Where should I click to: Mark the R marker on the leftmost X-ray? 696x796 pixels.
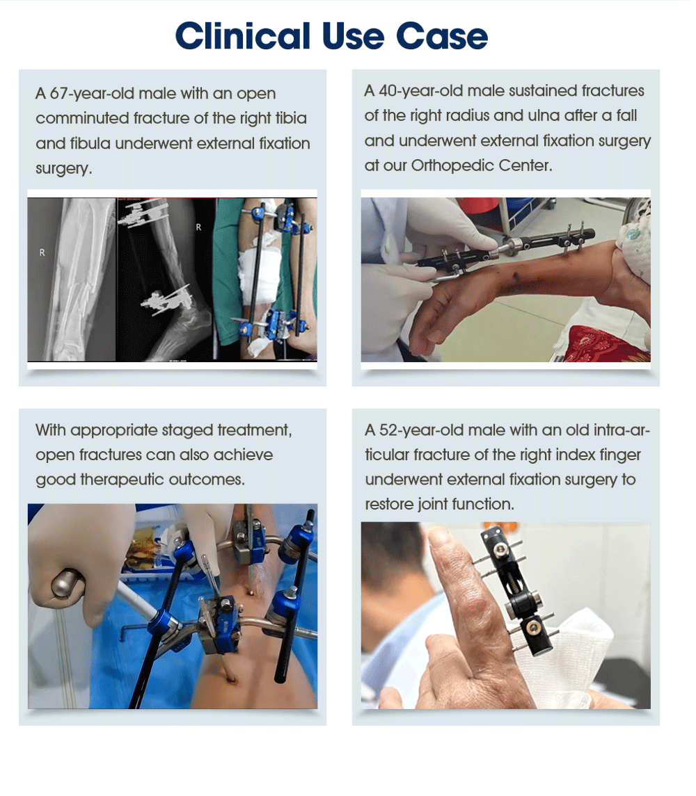pyautogui.click(x=42, y=253)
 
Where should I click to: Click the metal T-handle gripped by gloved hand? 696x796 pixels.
pyautogui.click(x=68, y=582)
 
